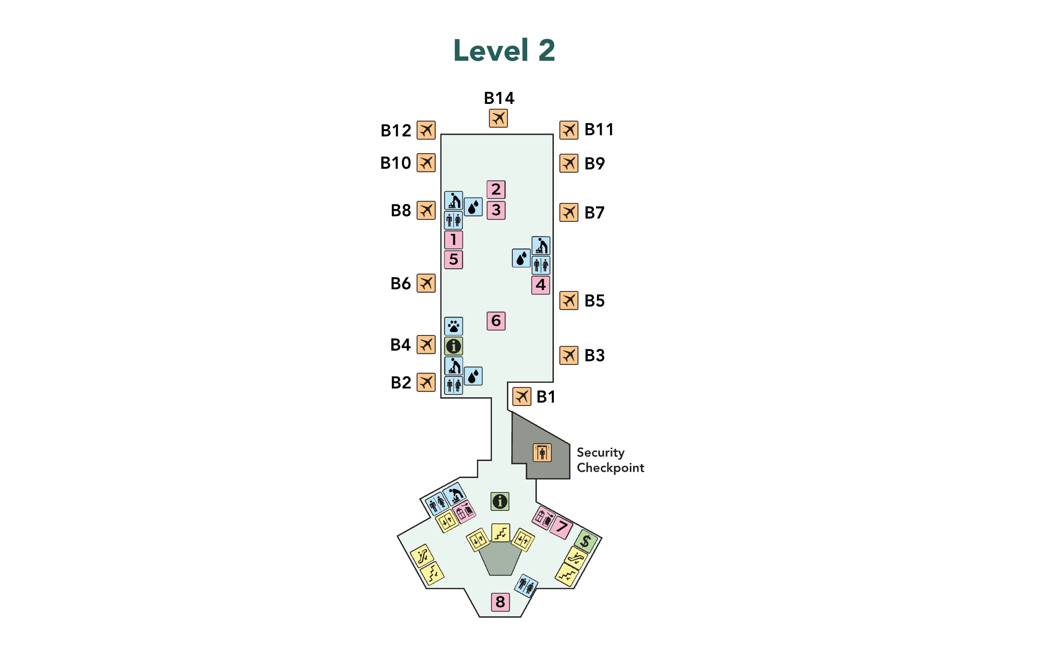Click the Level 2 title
504,50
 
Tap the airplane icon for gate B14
498,118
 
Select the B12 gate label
396,130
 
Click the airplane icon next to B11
569,130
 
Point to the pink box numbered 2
496,189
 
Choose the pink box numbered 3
496,210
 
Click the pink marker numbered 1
453,240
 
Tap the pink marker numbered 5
453,260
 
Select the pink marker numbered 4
540,285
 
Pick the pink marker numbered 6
496,321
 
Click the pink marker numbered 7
561,527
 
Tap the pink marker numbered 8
500,602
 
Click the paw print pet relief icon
453,326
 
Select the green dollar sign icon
586,541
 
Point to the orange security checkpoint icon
542,453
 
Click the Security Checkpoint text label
610,460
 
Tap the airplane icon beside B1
522,397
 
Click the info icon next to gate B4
453,346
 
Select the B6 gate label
401,284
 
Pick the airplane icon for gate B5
569,301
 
